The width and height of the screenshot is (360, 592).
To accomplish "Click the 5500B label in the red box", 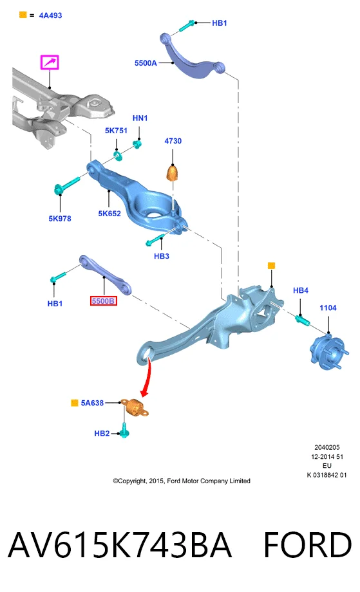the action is tap(103, 301).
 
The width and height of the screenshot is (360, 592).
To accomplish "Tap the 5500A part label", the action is tap(146, 63).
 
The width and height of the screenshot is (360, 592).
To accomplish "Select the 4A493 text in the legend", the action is tap(50, 15).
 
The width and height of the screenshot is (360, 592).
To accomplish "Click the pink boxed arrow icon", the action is tap(50, 62).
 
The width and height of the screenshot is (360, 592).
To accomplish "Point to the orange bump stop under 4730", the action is tap(172, 172).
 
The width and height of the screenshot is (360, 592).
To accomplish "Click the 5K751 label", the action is tap(116, 131).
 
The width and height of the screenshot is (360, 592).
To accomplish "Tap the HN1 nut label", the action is tap(140, 118).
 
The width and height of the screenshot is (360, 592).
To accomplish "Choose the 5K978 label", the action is tap(60, 219).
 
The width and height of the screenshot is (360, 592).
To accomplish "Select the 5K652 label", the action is tap(109, 214).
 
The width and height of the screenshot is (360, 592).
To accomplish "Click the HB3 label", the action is tap(161, 256).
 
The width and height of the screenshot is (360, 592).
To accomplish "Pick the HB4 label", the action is tap(300, 290).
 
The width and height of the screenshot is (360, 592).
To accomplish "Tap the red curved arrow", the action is tap(147, 377).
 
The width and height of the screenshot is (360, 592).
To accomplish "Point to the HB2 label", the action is tap(102, 434).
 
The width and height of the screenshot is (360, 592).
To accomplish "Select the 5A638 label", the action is tap(92, 403).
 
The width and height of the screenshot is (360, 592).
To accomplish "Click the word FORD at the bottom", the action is tap(307, 545).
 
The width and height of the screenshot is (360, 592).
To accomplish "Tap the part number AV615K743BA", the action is tap(120, 545).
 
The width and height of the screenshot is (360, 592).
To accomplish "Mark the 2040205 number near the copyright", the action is tap(327, 447).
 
